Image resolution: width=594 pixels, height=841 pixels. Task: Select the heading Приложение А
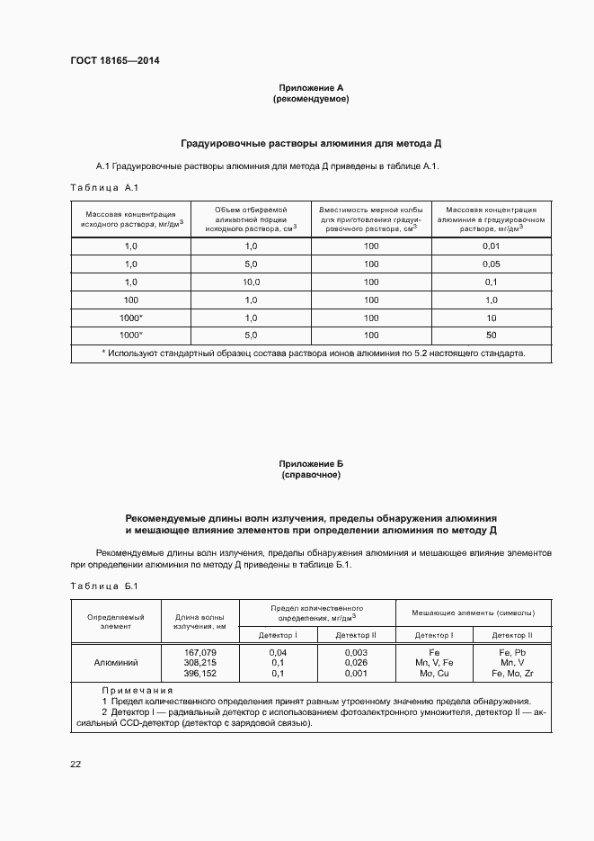[311, 87]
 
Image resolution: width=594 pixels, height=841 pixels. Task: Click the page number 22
[75, 764]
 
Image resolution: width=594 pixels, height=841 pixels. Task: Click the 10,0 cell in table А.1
[251, 282]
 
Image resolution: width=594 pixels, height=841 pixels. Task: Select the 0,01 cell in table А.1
[491, 246]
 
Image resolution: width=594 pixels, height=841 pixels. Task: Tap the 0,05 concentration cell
[491, 264]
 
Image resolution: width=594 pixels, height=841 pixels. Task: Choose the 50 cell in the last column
[491, 335]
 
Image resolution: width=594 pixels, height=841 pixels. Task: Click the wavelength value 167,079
[199, 651]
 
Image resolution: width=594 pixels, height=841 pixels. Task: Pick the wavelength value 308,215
[199, 662]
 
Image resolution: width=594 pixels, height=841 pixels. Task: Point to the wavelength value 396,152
[199, 673]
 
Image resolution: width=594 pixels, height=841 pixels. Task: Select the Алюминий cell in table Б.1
[116, 662]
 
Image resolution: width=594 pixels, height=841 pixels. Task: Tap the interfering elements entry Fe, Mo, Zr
[513, 673]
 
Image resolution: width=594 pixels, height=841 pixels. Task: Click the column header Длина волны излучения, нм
[199, 621]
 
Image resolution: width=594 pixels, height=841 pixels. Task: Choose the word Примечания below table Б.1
[137, 690]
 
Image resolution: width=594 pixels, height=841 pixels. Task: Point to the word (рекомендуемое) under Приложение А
[311, 98]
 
